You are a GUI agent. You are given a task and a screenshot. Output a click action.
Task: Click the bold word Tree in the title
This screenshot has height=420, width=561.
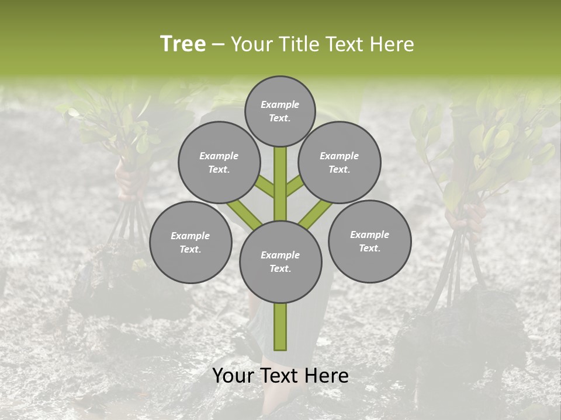[183, 44]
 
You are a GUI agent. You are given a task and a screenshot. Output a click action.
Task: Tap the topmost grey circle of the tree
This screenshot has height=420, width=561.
[280, 111]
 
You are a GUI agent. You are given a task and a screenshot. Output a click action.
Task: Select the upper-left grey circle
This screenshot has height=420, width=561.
[219, 162]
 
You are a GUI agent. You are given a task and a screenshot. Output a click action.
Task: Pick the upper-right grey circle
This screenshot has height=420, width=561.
[340, 162]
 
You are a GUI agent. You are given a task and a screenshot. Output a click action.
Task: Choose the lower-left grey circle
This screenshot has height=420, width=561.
[191, 242]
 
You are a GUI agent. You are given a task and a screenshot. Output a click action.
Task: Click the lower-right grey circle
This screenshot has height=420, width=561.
[370, 241]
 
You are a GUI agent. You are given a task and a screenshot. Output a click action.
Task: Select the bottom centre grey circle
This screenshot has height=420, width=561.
[280, 261]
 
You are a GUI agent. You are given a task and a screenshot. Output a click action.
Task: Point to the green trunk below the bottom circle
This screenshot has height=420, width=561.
[280, 327]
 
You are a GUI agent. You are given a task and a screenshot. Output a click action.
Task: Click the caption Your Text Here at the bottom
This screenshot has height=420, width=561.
[280, 376]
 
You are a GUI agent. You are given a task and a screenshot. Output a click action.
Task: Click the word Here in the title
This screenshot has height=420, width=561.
[394, 44]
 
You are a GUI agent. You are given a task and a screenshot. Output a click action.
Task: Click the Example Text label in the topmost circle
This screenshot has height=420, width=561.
[280, 111]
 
